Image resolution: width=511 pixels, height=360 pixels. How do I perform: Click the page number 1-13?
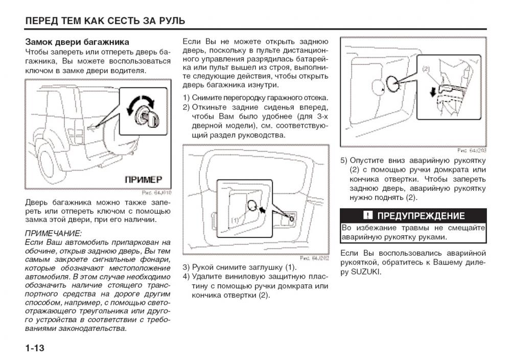click(x=35, y=348)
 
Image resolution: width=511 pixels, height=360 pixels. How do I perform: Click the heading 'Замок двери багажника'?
click(x=77, y=42)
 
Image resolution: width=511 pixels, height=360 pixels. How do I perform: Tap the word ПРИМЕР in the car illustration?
click(x=144, y=179)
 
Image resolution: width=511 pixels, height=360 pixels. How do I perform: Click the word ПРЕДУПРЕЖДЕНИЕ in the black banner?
click(x=421, y=215)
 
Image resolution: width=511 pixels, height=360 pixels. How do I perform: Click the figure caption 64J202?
click(x=314, y=258)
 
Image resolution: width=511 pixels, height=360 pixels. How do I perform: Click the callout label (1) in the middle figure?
click(x=236, y=220)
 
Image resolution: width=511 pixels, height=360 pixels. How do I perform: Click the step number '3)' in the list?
click(x=187, y=267)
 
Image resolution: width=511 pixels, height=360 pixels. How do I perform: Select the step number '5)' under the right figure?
click(x=344, y=160)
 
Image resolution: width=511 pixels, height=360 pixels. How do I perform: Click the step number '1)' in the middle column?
click(x=187, y=98)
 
